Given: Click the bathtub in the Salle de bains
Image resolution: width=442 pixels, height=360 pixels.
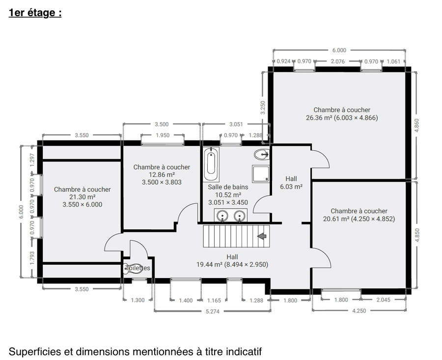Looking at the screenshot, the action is [x=211, y=164].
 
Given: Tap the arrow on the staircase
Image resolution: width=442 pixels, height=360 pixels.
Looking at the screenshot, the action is [x=262, y=236].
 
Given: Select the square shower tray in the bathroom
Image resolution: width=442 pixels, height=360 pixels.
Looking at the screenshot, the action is [x=261, y=173].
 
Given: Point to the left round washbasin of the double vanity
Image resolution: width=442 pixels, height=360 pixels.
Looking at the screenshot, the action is [x=222, y=216].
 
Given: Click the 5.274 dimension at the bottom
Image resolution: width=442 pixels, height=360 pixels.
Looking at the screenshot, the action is [x=213, y=311].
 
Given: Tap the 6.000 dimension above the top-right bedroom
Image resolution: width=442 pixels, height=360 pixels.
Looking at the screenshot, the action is [x=339, y=50].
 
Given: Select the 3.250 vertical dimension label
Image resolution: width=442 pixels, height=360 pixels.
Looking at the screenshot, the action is [x=263, y=108].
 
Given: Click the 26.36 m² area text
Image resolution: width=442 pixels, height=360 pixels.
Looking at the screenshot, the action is [x=319, y=117].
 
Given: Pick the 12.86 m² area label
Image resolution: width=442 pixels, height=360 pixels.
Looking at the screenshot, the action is [x=162, y=174].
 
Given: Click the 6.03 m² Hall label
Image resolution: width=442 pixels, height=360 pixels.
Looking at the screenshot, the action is [x=291, y=186].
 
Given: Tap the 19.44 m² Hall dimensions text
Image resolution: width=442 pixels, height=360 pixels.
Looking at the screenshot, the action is [x=232, y=264].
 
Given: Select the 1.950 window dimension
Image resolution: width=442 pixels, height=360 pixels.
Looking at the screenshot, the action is [x=163, y=135].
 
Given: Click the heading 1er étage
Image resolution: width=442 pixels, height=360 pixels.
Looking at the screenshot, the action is [x=35, y=13].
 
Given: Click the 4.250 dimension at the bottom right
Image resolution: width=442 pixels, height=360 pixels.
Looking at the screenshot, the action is [x=359, y=311].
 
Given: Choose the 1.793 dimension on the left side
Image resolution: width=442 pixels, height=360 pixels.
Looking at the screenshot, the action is [x=32, y=258].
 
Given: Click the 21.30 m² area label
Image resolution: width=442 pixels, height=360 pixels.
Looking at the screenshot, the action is [x=83, y=197].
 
